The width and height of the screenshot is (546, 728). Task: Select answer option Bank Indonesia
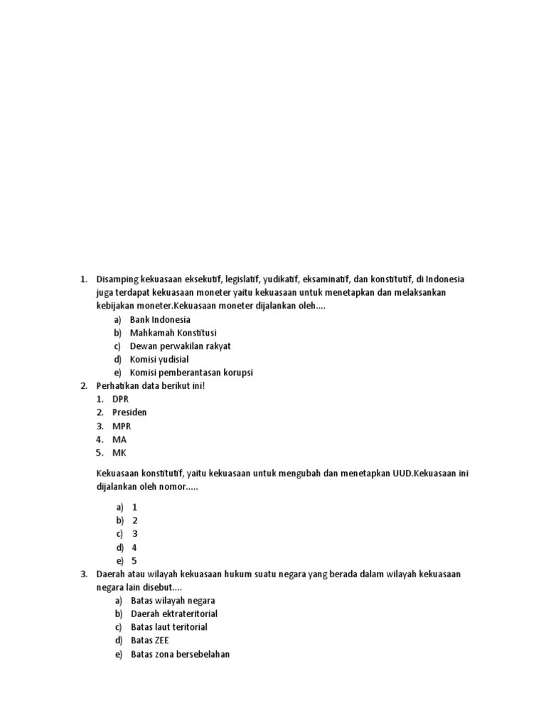[x=160, y=319]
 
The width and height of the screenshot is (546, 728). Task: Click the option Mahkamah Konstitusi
[x=173, y=333]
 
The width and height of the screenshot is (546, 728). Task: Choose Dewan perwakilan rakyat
[x=180, y=346]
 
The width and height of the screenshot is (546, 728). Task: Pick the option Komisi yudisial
[x=159, y=359]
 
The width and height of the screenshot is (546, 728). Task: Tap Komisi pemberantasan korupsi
[x=191, y=373]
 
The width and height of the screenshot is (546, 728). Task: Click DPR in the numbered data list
[x=120, y=399]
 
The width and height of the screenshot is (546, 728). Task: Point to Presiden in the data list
[x=129, y=412]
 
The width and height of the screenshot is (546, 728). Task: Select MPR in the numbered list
[x=122, y=426]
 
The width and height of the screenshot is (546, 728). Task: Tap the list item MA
[x=119, y=439]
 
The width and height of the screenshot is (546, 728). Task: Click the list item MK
[x=119, y=453]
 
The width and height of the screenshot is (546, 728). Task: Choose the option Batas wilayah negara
[x=173, y=600]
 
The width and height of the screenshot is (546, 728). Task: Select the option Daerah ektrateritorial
[x=174, y=614]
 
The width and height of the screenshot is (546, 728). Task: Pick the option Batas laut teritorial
[x=169, y=627]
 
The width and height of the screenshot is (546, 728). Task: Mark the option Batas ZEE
[x=150, y=641]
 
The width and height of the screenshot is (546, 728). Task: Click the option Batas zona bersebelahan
[x=180, y=654]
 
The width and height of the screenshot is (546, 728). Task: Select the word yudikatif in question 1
[x=281, y=279]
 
